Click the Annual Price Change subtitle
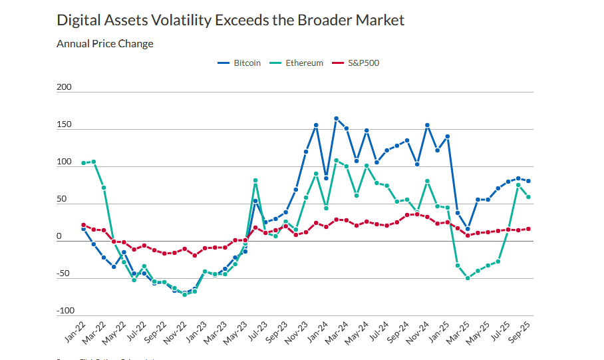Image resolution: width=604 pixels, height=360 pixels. [x=104, y=44]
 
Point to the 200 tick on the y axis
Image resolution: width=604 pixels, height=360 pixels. [x=64, y=87]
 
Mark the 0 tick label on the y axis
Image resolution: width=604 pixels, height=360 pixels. [x=59, y=236]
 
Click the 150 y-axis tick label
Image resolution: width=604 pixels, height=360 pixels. [x=64, y=124]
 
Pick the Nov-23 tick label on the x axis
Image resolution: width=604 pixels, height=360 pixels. [x=297, y=331]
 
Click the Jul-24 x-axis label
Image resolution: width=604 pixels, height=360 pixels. [x=378, y=331]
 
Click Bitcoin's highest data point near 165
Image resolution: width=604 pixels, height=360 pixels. [x=336, y=118]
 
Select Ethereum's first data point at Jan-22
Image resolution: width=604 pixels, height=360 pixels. [x=83, y=163]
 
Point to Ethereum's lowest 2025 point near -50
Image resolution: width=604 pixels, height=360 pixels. [x=468, y=278]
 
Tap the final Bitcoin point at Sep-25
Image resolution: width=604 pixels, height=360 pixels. [x=528, y=181]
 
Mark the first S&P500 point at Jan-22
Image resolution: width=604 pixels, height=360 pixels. [x=83, y=225]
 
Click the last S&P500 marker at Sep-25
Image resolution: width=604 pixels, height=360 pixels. [x=528, y=229]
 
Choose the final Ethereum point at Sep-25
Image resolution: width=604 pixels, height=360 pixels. [x=528, y=197]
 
